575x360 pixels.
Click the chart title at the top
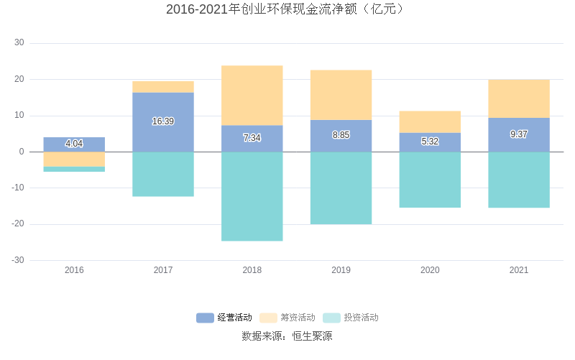coord(287,9)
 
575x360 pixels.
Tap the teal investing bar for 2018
coord(252,196)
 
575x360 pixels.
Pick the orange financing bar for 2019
coord(341,95)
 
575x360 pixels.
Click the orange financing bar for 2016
coord(74,160)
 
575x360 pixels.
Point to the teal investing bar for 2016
coord(74,170)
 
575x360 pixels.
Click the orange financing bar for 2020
coord(430,122)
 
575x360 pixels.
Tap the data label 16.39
coord(163,121)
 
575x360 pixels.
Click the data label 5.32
coord(430,142)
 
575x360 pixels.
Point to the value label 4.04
coord(74,144)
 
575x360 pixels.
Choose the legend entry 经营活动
coord(224,318)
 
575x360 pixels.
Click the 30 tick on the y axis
coord(19,43)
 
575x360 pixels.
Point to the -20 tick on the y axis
coord(17,224)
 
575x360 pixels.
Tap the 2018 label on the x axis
coord(252,270)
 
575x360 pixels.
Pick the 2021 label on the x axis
coord(519,270)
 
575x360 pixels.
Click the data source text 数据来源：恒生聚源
coord(287,336)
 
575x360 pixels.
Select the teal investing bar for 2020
coord(430,180)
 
